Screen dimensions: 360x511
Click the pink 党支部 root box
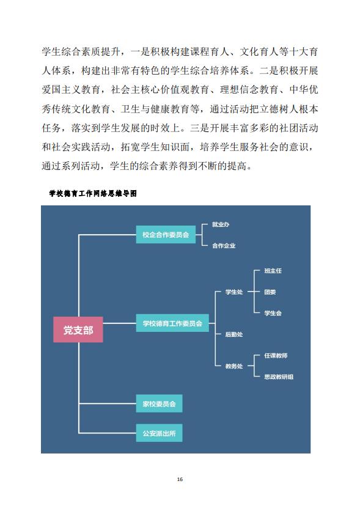pos(78,329)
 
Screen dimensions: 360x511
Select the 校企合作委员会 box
pos(166,234)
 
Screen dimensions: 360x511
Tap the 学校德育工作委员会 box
pos(172,323)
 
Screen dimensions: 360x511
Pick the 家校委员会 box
pos(159,403)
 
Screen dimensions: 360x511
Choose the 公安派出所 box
pos(159,433)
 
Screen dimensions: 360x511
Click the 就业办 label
pos(221,224)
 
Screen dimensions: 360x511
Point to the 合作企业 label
pos(224,245)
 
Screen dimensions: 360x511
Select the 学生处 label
pos(234,292)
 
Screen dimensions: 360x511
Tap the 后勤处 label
pos(234,334)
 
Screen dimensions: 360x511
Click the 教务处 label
pos(234,366)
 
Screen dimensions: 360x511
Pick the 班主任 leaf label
pos(273,271)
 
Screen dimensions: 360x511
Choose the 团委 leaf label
pos(270,292)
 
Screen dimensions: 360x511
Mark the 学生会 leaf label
pos(273,313)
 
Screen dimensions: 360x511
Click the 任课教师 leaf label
pos(276,355)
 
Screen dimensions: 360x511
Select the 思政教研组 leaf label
pos(279,377)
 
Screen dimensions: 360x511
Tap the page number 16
pos(180,479)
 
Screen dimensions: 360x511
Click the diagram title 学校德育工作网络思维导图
pos(93,193)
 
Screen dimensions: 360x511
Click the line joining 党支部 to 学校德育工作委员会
pos(120,323)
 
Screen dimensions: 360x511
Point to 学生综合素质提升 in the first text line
pos(81,51)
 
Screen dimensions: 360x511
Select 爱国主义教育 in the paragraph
pos(71,89)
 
